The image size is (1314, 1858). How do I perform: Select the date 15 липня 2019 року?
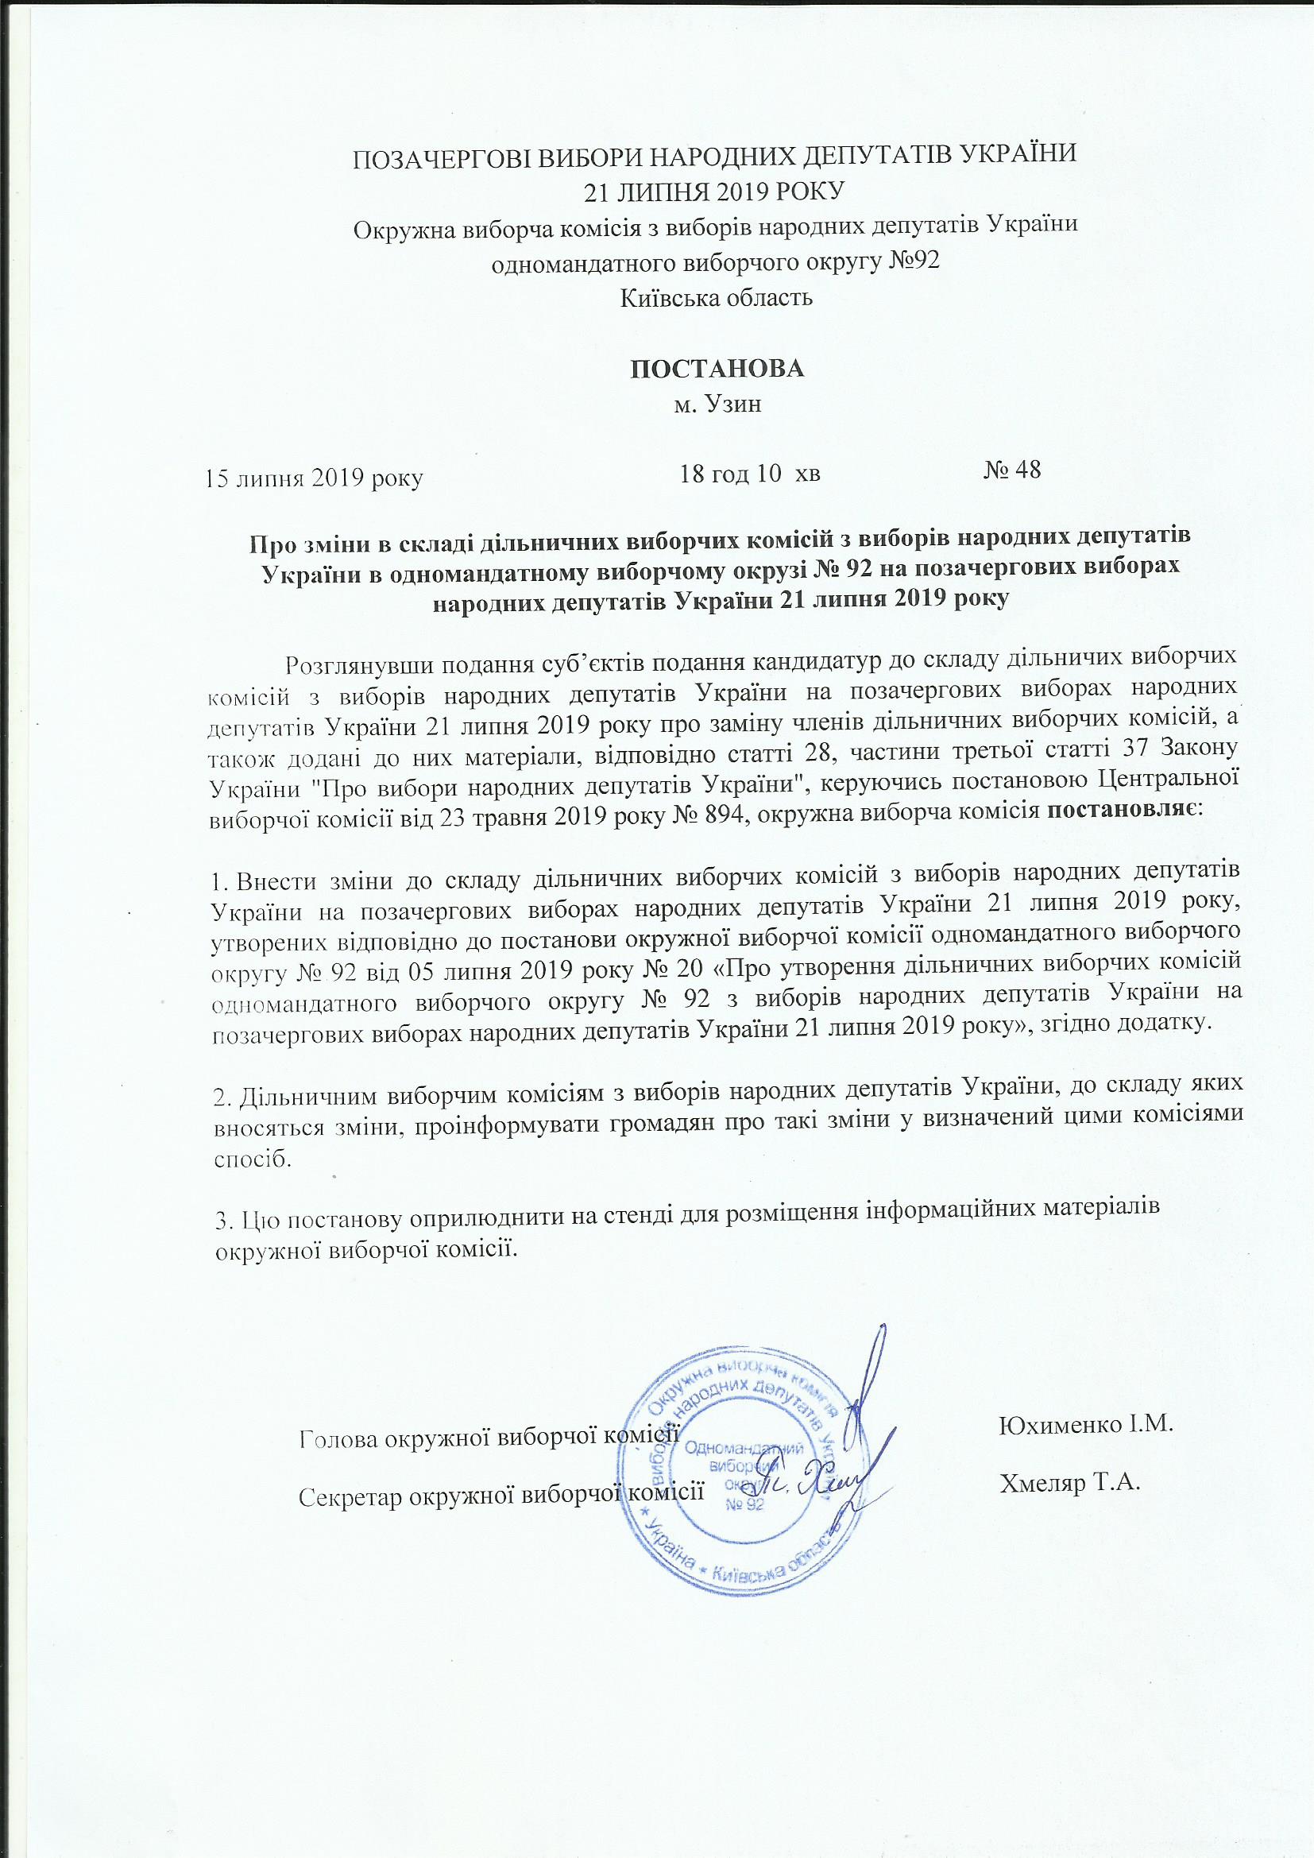coord(315,478)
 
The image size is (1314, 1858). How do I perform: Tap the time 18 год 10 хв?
coord(750,473)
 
